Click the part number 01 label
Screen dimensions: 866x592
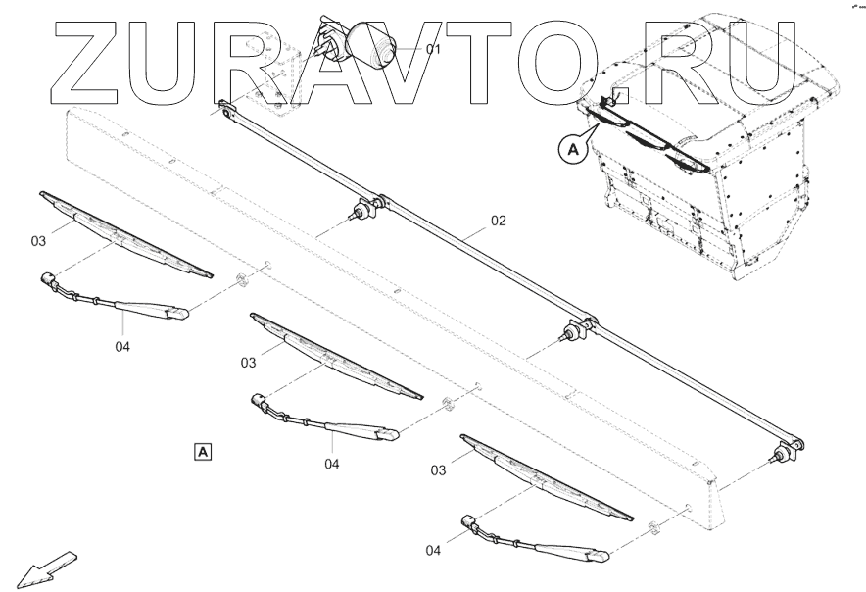coord(433,49)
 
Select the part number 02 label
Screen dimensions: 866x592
coord(498,222)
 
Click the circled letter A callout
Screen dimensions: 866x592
coord(572,150)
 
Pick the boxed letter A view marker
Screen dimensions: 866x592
coord(202,451)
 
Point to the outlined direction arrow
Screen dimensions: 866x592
coord(45,568)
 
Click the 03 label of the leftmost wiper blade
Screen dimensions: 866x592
coord(38,241)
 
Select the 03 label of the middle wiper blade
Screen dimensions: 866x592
coord(249,363)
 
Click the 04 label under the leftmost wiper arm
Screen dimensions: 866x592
coord(121,345)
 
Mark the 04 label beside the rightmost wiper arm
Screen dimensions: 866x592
coord(434,551)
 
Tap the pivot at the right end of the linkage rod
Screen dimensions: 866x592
coord(789,451)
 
